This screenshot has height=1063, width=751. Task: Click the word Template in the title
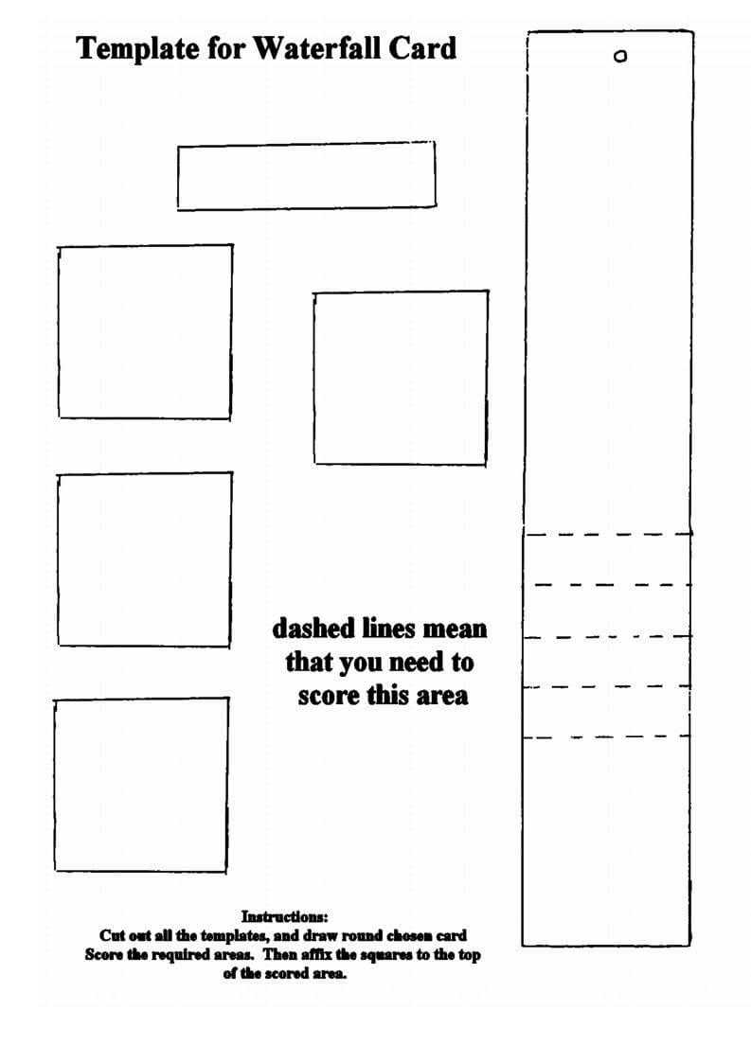coord(137,49)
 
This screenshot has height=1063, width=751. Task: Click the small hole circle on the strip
coord(620,56)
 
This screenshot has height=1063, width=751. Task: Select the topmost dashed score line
coord(609,534)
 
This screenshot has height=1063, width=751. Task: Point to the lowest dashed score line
coord(606,737)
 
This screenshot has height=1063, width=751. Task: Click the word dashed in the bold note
coord(313,629)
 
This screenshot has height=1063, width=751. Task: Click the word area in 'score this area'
coord(442,697)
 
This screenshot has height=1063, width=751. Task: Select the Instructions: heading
coord(285,916)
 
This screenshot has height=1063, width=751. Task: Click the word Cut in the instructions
coord(111,935)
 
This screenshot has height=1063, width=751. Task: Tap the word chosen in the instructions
coord(410,935)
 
